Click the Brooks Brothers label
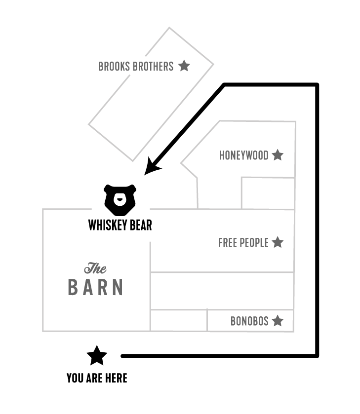tap(136, 66)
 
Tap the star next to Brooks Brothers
tap(184, 66)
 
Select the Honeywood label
tap(243, 156)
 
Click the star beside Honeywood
tap(278, 155)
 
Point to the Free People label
tap(243, 243)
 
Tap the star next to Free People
tap(278, 242)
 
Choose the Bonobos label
tap(249, 322)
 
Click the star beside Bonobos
tap(278, 321)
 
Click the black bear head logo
tap(120, 200)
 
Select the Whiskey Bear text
tap(120, 226)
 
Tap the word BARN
tap(95, 288)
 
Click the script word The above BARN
tap(95, 269)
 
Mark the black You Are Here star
tap(97, 355)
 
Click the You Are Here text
tap(97, 378)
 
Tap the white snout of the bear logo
tap(120, 201)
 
